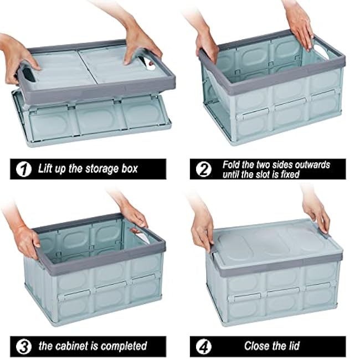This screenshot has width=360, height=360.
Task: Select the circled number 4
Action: coord(204,346)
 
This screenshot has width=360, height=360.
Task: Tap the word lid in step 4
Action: coord(292,346)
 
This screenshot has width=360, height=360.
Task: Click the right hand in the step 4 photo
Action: coord(316,213)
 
